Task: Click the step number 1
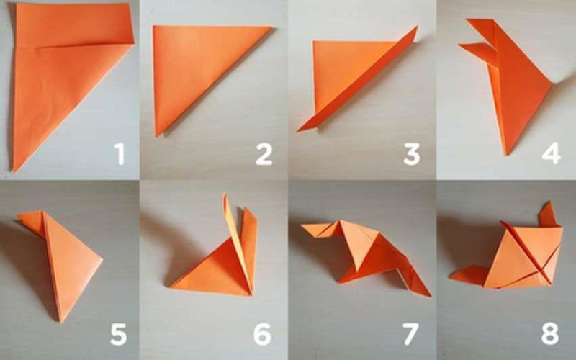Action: click(119, 154)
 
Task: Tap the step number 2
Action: click(264, 154)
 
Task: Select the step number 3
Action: click(411, 154)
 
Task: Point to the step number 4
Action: click(552, 153)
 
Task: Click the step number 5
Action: click(118, 334)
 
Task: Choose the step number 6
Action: click(262, 334)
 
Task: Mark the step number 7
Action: click(410, 334)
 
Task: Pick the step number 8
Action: click(550, 334)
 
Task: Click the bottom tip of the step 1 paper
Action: click(14, 171)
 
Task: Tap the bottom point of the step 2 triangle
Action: click(157, 136)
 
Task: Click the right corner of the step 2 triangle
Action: click(272, 27)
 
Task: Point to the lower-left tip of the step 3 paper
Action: click(298, 131)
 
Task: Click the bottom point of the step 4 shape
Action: click(507, 155)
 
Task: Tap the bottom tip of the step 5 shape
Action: click(61, 322)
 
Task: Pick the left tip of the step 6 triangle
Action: click(171, 287)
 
